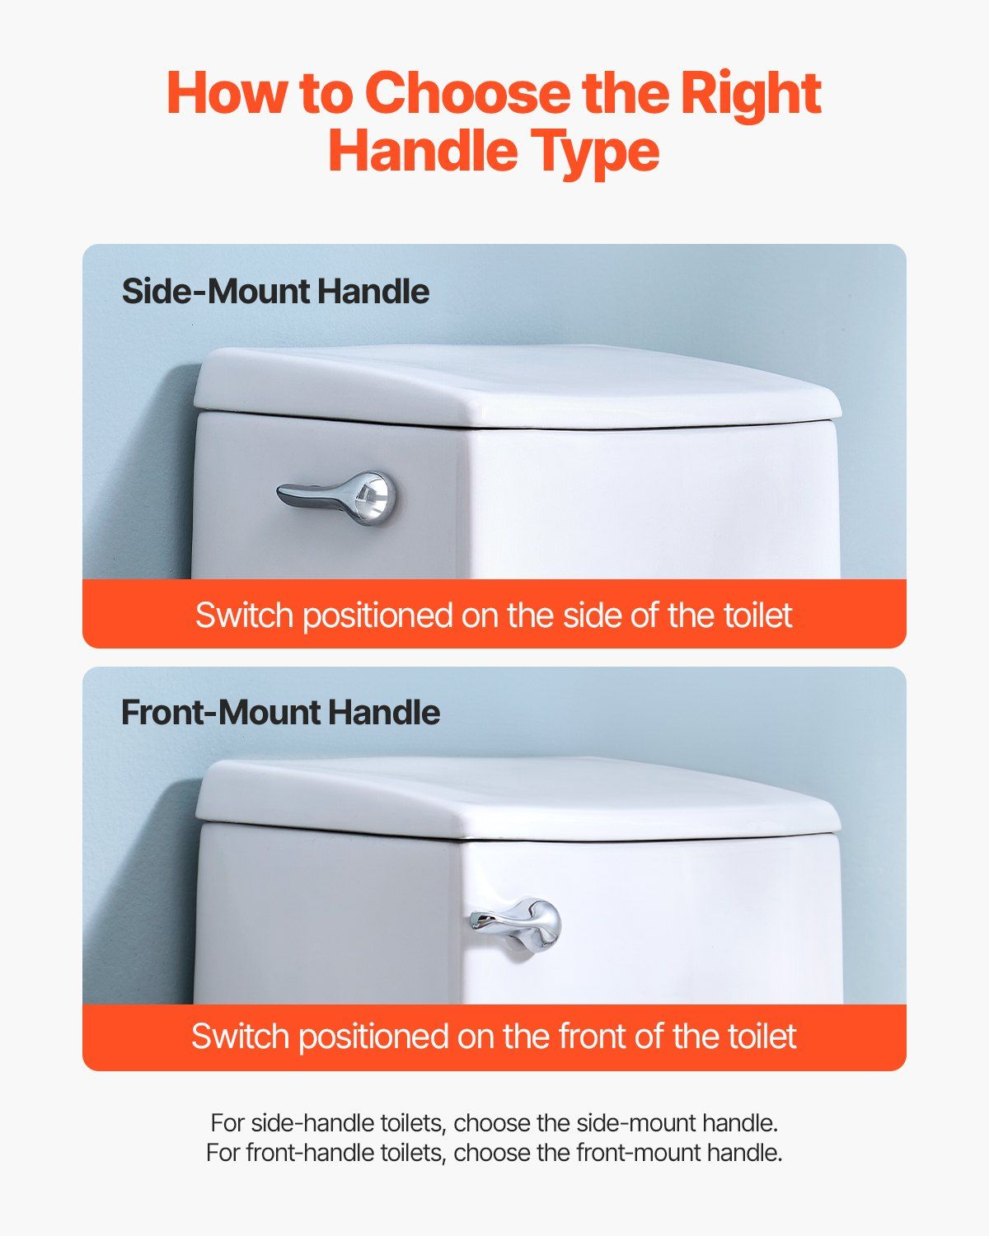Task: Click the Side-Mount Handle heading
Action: point(275,291)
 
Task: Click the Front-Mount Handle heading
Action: point(280,712)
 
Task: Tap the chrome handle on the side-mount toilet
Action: point(336,498)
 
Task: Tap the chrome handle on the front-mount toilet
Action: point(515,923)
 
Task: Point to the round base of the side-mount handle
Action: point(376,499)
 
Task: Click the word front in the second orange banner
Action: point(592,1036)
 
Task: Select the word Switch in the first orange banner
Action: point(245,616)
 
